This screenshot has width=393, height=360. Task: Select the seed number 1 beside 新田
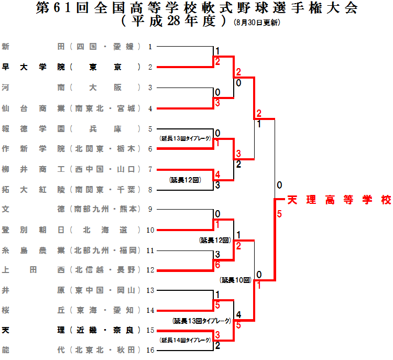tap(150, 47)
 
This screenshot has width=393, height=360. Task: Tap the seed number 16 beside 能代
tap(150, 350)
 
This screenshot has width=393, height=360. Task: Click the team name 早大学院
tap(34, 67)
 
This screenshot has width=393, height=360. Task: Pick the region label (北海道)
tap(105, 229)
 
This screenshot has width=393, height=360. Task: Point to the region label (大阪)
tap(105, 88)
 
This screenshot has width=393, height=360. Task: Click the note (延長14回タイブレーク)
tap(185, 340)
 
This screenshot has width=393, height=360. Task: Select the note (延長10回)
tap(236, 280)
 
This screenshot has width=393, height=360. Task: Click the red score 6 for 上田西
tap(217, 266)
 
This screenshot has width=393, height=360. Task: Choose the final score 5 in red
tap(279, 214)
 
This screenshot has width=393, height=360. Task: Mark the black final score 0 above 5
tap(279, 185)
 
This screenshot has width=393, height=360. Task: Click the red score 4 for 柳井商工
tap(217, 174)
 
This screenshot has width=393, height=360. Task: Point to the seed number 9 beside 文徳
tap(150, 209)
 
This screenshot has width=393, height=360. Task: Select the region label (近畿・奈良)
tap(105, 330)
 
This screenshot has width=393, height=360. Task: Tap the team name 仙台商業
tap(34, 108)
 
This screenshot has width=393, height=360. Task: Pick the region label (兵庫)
tap(105, 128)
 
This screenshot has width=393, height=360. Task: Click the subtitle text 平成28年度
tap(173, 22)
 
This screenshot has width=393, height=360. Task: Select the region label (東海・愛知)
tap(105, 310)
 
